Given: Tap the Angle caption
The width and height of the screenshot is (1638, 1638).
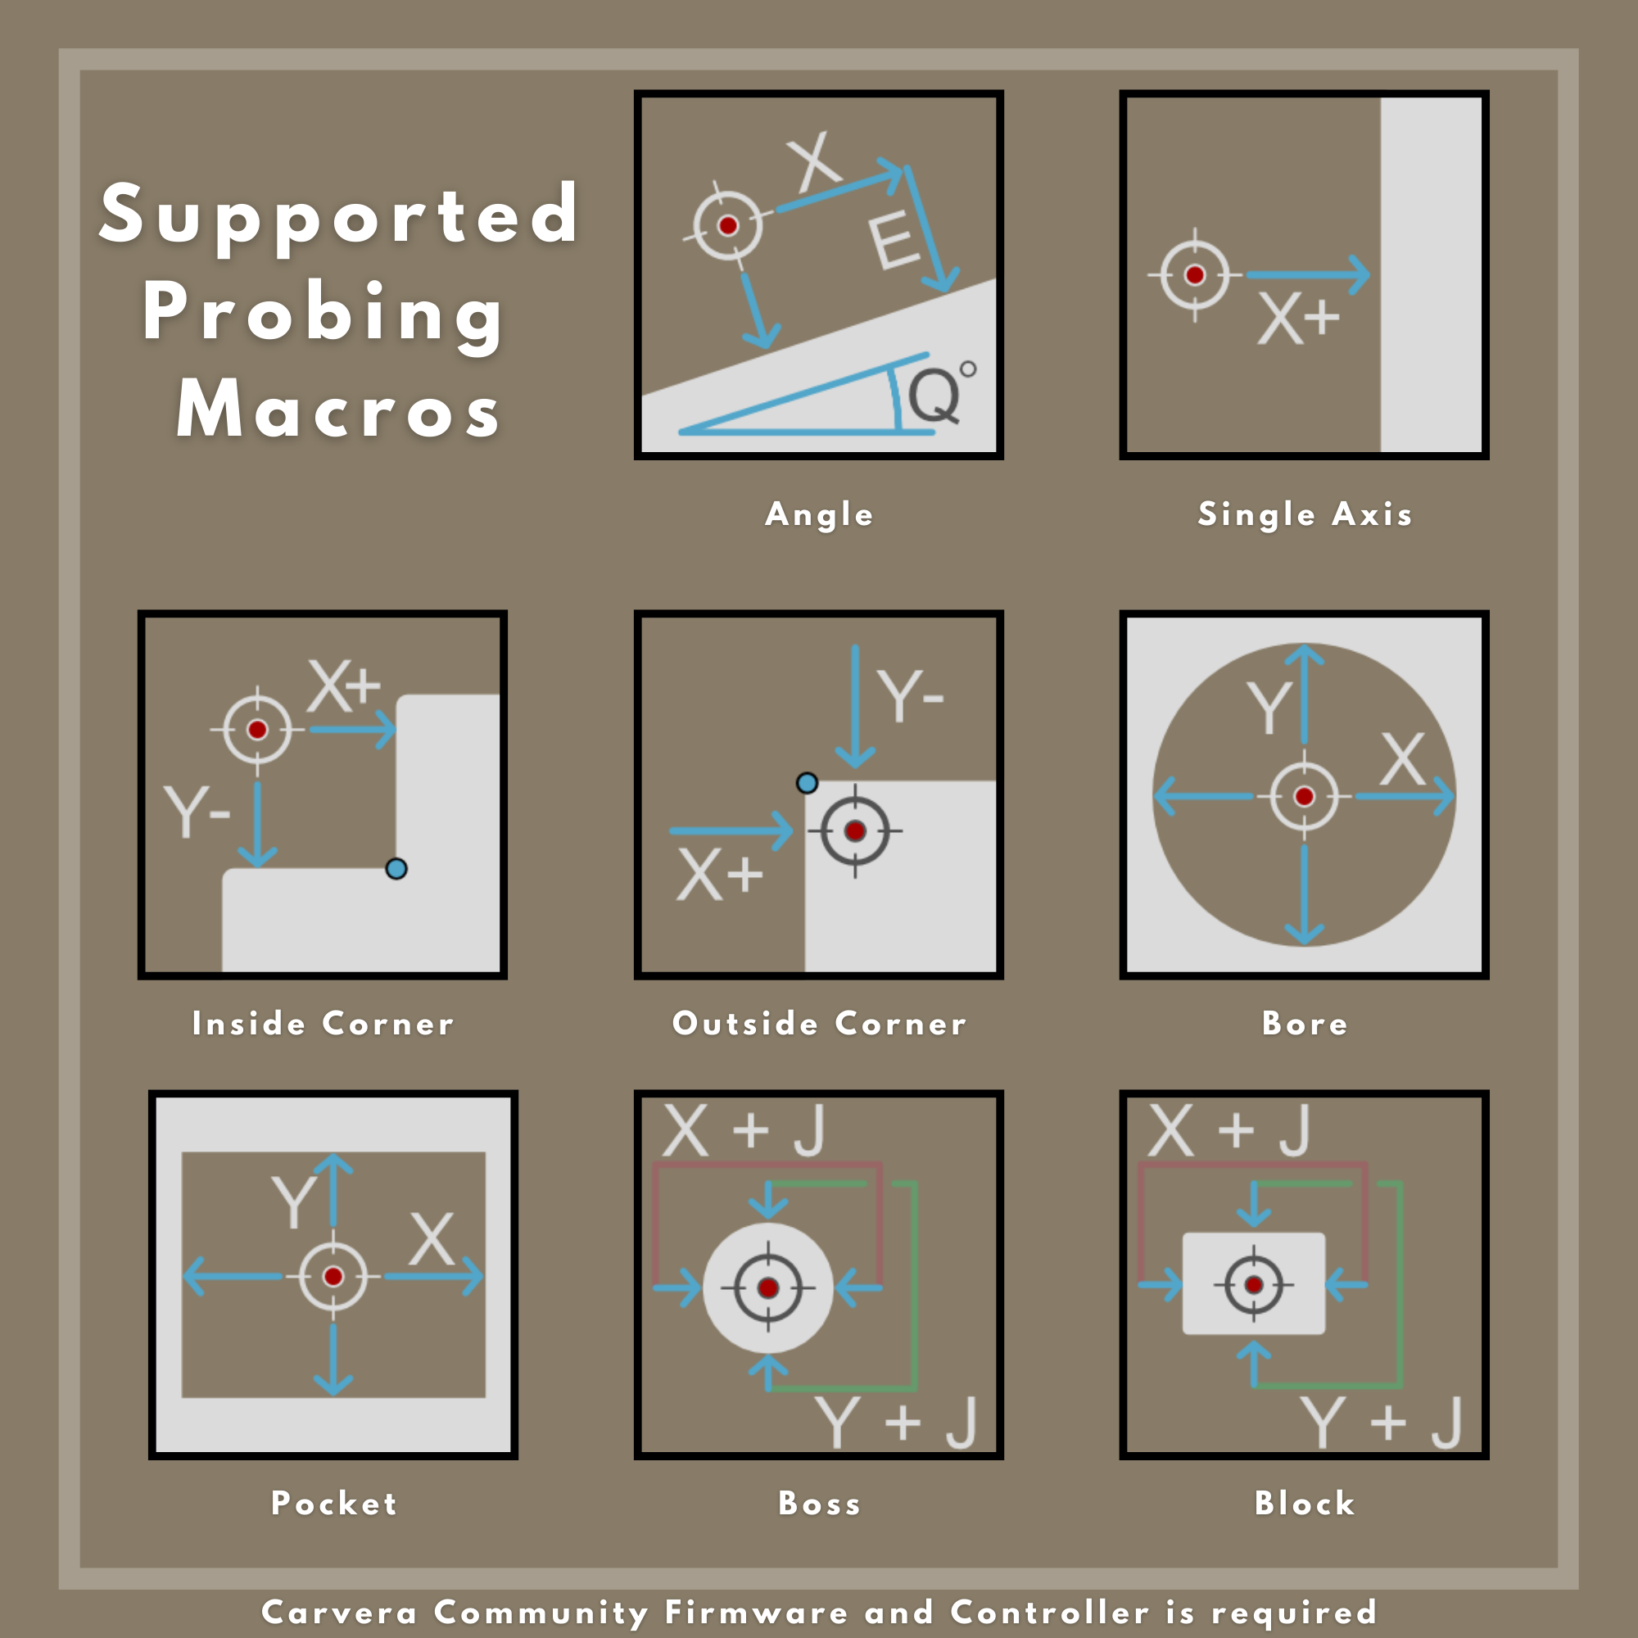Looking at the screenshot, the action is click(x=819, y=515).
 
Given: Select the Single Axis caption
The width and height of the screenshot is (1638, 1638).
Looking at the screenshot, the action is click(x=1305, y=514).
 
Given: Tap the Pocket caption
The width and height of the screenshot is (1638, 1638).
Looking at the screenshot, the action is click(x=334, y=1503).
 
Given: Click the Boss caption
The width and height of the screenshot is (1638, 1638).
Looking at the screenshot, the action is click(x=819, y=1503).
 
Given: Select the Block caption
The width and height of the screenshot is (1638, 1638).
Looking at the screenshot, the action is click(x=1305, y=1503).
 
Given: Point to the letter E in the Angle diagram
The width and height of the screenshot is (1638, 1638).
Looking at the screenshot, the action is click(x=894, y=242).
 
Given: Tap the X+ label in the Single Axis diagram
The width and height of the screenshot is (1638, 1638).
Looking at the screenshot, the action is click(x=1298, y=319).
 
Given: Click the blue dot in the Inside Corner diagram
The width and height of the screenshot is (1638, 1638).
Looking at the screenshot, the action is click(x=396, y=869).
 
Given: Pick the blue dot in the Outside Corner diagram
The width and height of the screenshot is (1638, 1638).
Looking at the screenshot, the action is click(x=808, y=782).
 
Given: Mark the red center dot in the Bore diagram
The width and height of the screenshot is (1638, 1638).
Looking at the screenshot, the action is click(x=1305, y=796).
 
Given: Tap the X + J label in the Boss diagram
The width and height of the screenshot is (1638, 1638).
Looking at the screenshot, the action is click(x=744, y=1130).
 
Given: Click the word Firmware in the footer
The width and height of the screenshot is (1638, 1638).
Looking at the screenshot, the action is click(x=756, y=1612).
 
